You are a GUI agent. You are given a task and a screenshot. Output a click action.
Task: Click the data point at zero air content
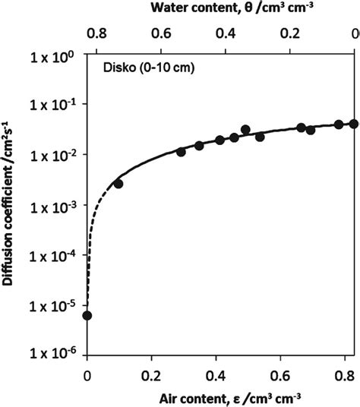point(87,315)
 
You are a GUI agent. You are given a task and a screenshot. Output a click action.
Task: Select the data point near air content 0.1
point(118,184)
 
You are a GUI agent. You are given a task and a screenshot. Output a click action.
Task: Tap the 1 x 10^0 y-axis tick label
point(54,55)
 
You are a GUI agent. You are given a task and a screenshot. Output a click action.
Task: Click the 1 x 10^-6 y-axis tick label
point(54,352)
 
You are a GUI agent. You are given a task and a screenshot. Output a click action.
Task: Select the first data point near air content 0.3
point(182,152)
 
